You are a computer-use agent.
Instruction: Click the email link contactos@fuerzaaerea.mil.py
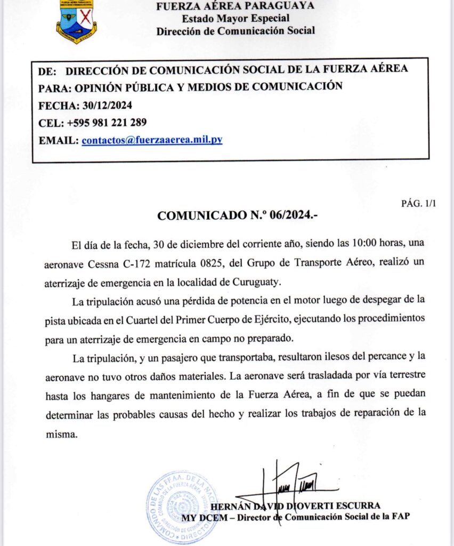[152, 140]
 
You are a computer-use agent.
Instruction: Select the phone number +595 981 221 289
[107, 123]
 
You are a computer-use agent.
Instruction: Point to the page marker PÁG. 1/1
[418, 203]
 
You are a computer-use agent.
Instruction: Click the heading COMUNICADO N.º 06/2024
[238, 216]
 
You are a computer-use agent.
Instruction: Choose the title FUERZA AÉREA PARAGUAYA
[235, 6]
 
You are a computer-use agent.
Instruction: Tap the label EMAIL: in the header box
[58, 140]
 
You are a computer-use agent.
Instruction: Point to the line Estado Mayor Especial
[235, 18]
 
